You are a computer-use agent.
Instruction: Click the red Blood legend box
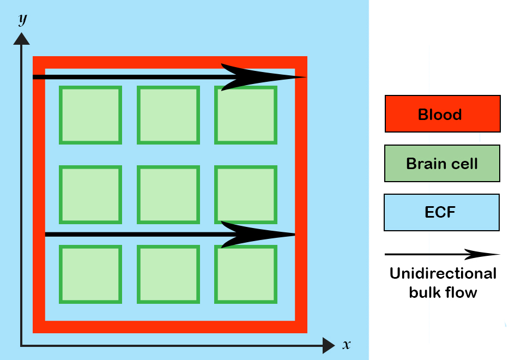(x=443, y=114)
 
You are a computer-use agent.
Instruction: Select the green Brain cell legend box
(x=442, y=163)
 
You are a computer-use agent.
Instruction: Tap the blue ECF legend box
(x=441, y=212)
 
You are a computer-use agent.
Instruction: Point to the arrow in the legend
(x=442, y=254)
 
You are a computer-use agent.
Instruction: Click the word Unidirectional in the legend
(x=443, y=273)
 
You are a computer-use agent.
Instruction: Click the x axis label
(x=346, y=345)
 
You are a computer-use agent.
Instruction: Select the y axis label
(x=22, y=19)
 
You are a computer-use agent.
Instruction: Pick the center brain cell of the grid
(x=168, y=195)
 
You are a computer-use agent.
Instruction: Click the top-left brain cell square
(x=90, y=115)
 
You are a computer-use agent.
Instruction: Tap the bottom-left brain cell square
(x=90, y=274)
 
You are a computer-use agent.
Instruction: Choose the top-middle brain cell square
(x=168, y=115)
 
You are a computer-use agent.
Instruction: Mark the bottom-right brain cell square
(x=246, y=274)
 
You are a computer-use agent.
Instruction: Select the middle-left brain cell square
(x=90, y=195)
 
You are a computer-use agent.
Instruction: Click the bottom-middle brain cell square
(x=168, y=274)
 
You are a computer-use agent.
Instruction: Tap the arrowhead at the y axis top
(x=22, y=38)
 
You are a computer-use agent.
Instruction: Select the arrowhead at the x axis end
(x=328, y=345)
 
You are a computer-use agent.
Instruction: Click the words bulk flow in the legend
(x=443, y=292)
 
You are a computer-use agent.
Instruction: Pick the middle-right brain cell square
(x=246, y=195)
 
